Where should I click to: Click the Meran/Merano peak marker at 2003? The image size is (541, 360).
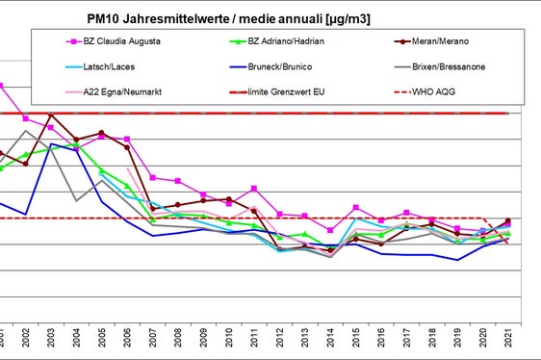pos(51,116)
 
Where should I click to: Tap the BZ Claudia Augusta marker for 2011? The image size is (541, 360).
pos(253,188)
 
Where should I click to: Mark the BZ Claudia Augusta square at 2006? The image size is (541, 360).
pos(127,139)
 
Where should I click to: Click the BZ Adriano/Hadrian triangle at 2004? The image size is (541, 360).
pos(76,146)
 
